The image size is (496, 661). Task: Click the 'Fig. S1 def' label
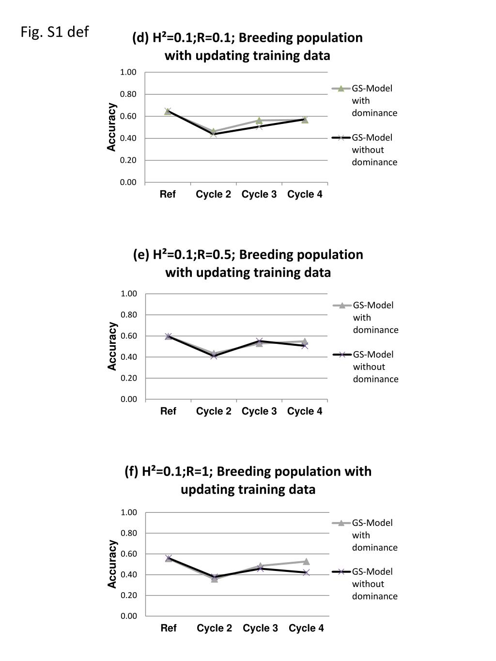(55, 31)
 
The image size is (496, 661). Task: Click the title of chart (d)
(248, 46)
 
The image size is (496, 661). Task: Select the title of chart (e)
(248, 263)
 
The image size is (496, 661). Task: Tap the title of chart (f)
(248, 480)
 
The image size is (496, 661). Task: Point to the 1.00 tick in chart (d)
(128, 72)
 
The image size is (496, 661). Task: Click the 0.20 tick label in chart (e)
(128, 378)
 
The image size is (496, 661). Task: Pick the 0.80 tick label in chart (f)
(128, 533)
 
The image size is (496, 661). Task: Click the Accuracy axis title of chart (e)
(112, 346)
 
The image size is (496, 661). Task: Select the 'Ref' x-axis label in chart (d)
(168, 194)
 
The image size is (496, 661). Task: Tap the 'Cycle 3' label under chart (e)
(259, 411)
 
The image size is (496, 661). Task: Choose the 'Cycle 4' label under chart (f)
(306, 628)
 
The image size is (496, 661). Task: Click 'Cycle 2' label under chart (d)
(213, 194)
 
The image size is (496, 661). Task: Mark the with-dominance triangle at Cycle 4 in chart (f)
(306, 561)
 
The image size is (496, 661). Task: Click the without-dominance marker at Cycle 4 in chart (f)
(306, 572)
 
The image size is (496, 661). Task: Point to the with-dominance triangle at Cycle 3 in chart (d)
(259, 121)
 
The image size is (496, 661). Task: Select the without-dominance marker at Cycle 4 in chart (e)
(305, 346)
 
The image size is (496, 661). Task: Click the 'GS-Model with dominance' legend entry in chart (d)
(365, 101)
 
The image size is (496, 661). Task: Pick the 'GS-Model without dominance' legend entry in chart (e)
(366, 367)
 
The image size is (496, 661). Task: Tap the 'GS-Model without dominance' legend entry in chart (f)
(365, 584)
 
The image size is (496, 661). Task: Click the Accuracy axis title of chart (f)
(112, 564)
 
